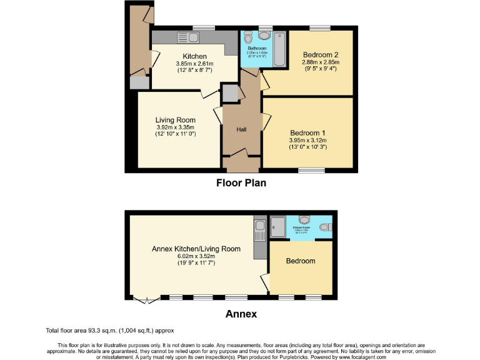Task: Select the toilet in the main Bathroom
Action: pyautogui.click(x=249, y=36)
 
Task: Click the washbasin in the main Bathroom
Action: pyautogui.click(x=262, y=33)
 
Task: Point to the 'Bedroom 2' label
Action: pyautogui.click(x=319, y=54)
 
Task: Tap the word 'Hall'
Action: pyautogui.click(x=241, y=129)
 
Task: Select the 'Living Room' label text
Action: pyautogui.click(x=176, y=120)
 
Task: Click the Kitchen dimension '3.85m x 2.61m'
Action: pyautogui.click(x=194, y=63)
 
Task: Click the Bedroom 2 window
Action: pyautogui.click(x=320, y=27)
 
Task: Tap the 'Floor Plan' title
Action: pyautogui.click(x=241, y=183)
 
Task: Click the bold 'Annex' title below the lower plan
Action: pyautogui.click(x=241, y=314)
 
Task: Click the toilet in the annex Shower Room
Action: pyautogui.click(x=305, y=219)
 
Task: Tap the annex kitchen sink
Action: pyautogui.click(x=259, y=232)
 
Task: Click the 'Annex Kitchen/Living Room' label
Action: pyautogui.click(x=196, y=249)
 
